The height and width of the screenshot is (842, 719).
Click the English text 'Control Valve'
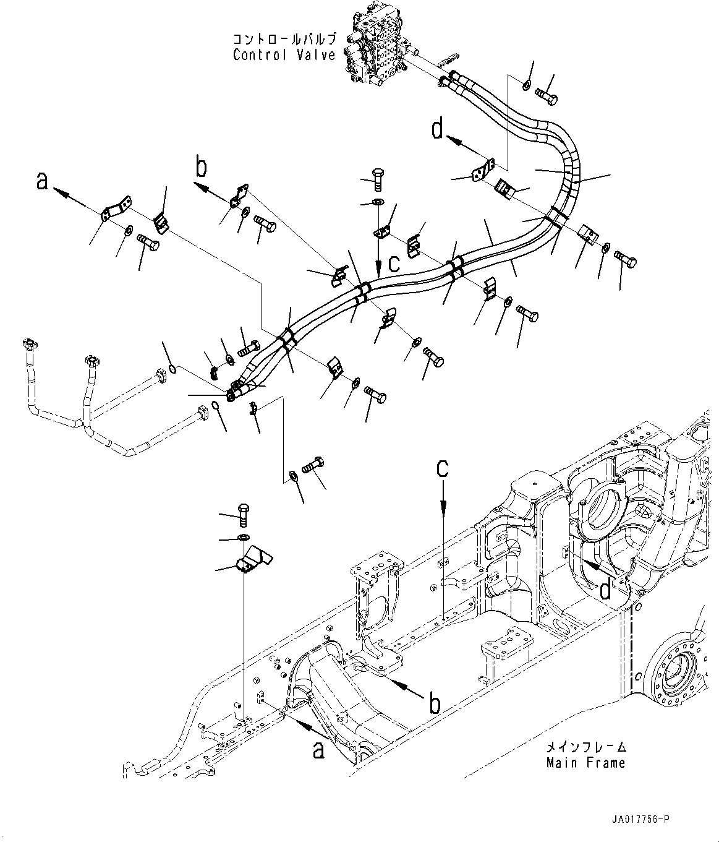coord(284,55)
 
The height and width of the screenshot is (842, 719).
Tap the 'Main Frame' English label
coord(585,763)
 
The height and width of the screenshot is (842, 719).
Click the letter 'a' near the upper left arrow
coord(41,181)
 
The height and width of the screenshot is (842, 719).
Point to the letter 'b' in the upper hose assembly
coord(201,168)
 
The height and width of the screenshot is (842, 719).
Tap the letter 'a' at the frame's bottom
coord(318,750)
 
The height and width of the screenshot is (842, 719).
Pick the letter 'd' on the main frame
coord(605,591)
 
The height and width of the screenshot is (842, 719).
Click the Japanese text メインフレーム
coord(586,747)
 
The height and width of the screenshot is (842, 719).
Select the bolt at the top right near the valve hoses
coord(546,95)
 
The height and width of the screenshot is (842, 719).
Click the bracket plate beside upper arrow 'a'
coord(116,208)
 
